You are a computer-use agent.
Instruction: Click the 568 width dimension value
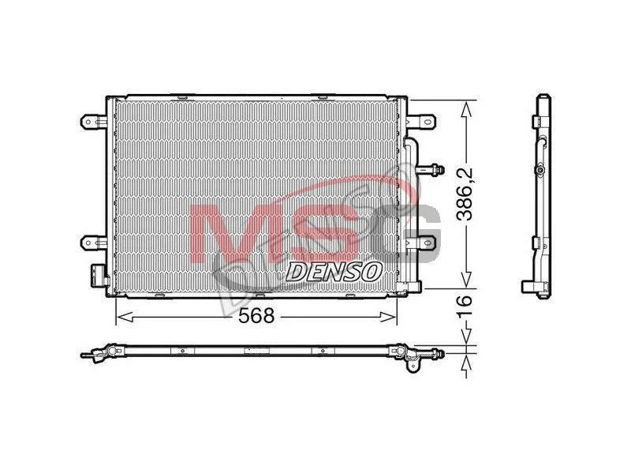[256, 315]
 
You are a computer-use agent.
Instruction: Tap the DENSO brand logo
[334, 272]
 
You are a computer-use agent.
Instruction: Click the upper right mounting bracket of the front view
[421, 122]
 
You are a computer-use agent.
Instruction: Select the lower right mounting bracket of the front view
[422, 243]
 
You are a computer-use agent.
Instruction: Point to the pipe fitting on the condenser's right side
[430, 170]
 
